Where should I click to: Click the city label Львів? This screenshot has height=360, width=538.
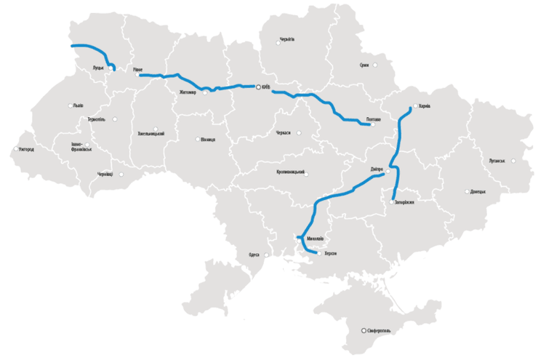pos(79,105)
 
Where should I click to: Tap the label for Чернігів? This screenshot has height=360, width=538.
pos(286,39)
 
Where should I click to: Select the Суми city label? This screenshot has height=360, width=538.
pos(364,65)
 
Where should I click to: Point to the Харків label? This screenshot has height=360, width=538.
pos(425,105)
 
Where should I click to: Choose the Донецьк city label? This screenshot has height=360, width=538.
pos(478,192)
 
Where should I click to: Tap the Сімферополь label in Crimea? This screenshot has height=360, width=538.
pos(380,331)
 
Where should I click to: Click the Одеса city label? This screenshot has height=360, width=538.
pos(254,255)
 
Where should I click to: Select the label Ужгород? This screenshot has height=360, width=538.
pos(25,150)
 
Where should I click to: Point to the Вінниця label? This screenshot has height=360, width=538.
pos(208,139)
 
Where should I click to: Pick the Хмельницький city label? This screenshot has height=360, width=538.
pos(150,134)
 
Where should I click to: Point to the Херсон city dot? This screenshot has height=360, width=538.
pos(318,253)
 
